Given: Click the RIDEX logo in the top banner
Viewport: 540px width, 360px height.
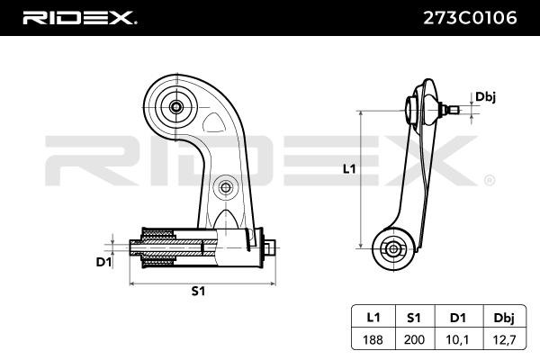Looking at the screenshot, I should pyautogui.click(x=80, y=17).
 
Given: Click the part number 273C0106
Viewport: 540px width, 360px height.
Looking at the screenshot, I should pyautogui.click(x=467, y=17).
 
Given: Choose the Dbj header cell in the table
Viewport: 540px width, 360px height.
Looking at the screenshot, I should pyautogui.click(x=503, y=318).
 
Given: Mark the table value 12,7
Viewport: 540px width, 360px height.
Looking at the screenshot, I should pyautogui.click(x=503, y=340).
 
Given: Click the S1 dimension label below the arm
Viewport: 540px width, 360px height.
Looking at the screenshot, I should pyautogui.click(x=199, y=292).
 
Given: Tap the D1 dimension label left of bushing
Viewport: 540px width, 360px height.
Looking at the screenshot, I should pyautogui.click(x=103, y=263).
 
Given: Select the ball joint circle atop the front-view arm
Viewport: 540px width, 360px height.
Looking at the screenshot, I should pyautogui.click(x=176, y=106).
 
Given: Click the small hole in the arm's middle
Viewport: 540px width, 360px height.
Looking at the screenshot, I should pyautogui.click(x=224, y=187).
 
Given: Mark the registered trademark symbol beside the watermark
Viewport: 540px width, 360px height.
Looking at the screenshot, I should pyautogui.click(x=489, y=179).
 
